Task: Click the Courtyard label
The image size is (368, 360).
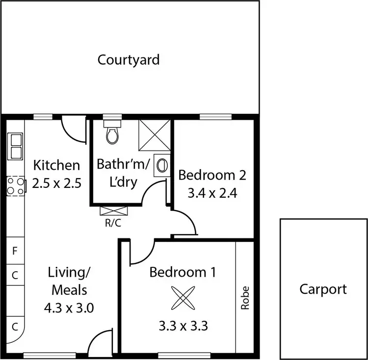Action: [129, 60]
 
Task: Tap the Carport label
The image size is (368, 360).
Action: [323, 289]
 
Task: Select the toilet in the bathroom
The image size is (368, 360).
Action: [112, 133]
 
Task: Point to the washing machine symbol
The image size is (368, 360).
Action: [162, 166]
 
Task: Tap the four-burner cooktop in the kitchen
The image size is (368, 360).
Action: [15, 186]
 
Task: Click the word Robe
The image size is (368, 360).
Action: [245, 298]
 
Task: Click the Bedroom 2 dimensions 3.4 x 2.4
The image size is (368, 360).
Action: [212, 193]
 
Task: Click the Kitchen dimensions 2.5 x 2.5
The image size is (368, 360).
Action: [56, 183]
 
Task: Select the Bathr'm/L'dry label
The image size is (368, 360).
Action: [117, 173]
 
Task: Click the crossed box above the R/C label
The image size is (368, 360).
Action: [114, 211]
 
